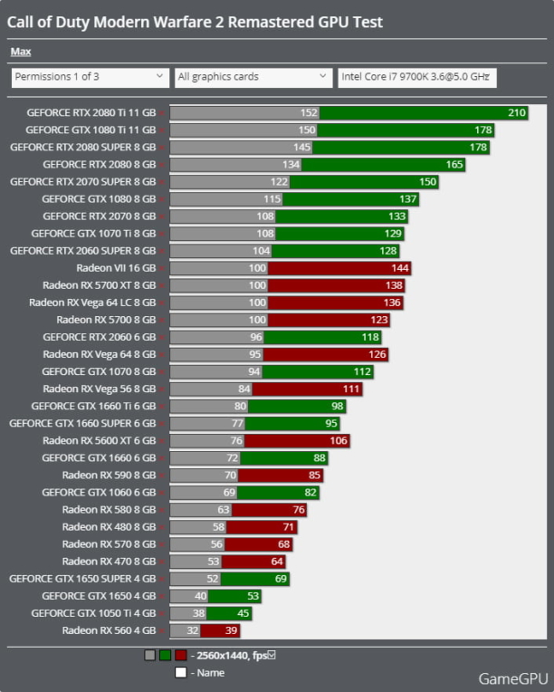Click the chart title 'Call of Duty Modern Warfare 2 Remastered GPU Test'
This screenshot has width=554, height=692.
point(195,23)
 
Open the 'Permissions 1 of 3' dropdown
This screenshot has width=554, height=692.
point(91,77)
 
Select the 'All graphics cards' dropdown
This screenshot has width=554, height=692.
point(253,77)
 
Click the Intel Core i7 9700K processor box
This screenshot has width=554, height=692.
point(416,77)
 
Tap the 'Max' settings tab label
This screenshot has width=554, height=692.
point(20,52)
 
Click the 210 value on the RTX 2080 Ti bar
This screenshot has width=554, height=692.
point(517,113)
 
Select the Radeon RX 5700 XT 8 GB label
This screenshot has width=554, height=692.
point(99,285)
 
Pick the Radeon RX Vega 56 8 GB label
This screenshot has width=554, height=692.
point(100,389)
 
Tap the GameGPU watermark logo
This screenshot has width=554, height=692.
point(511,678)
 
